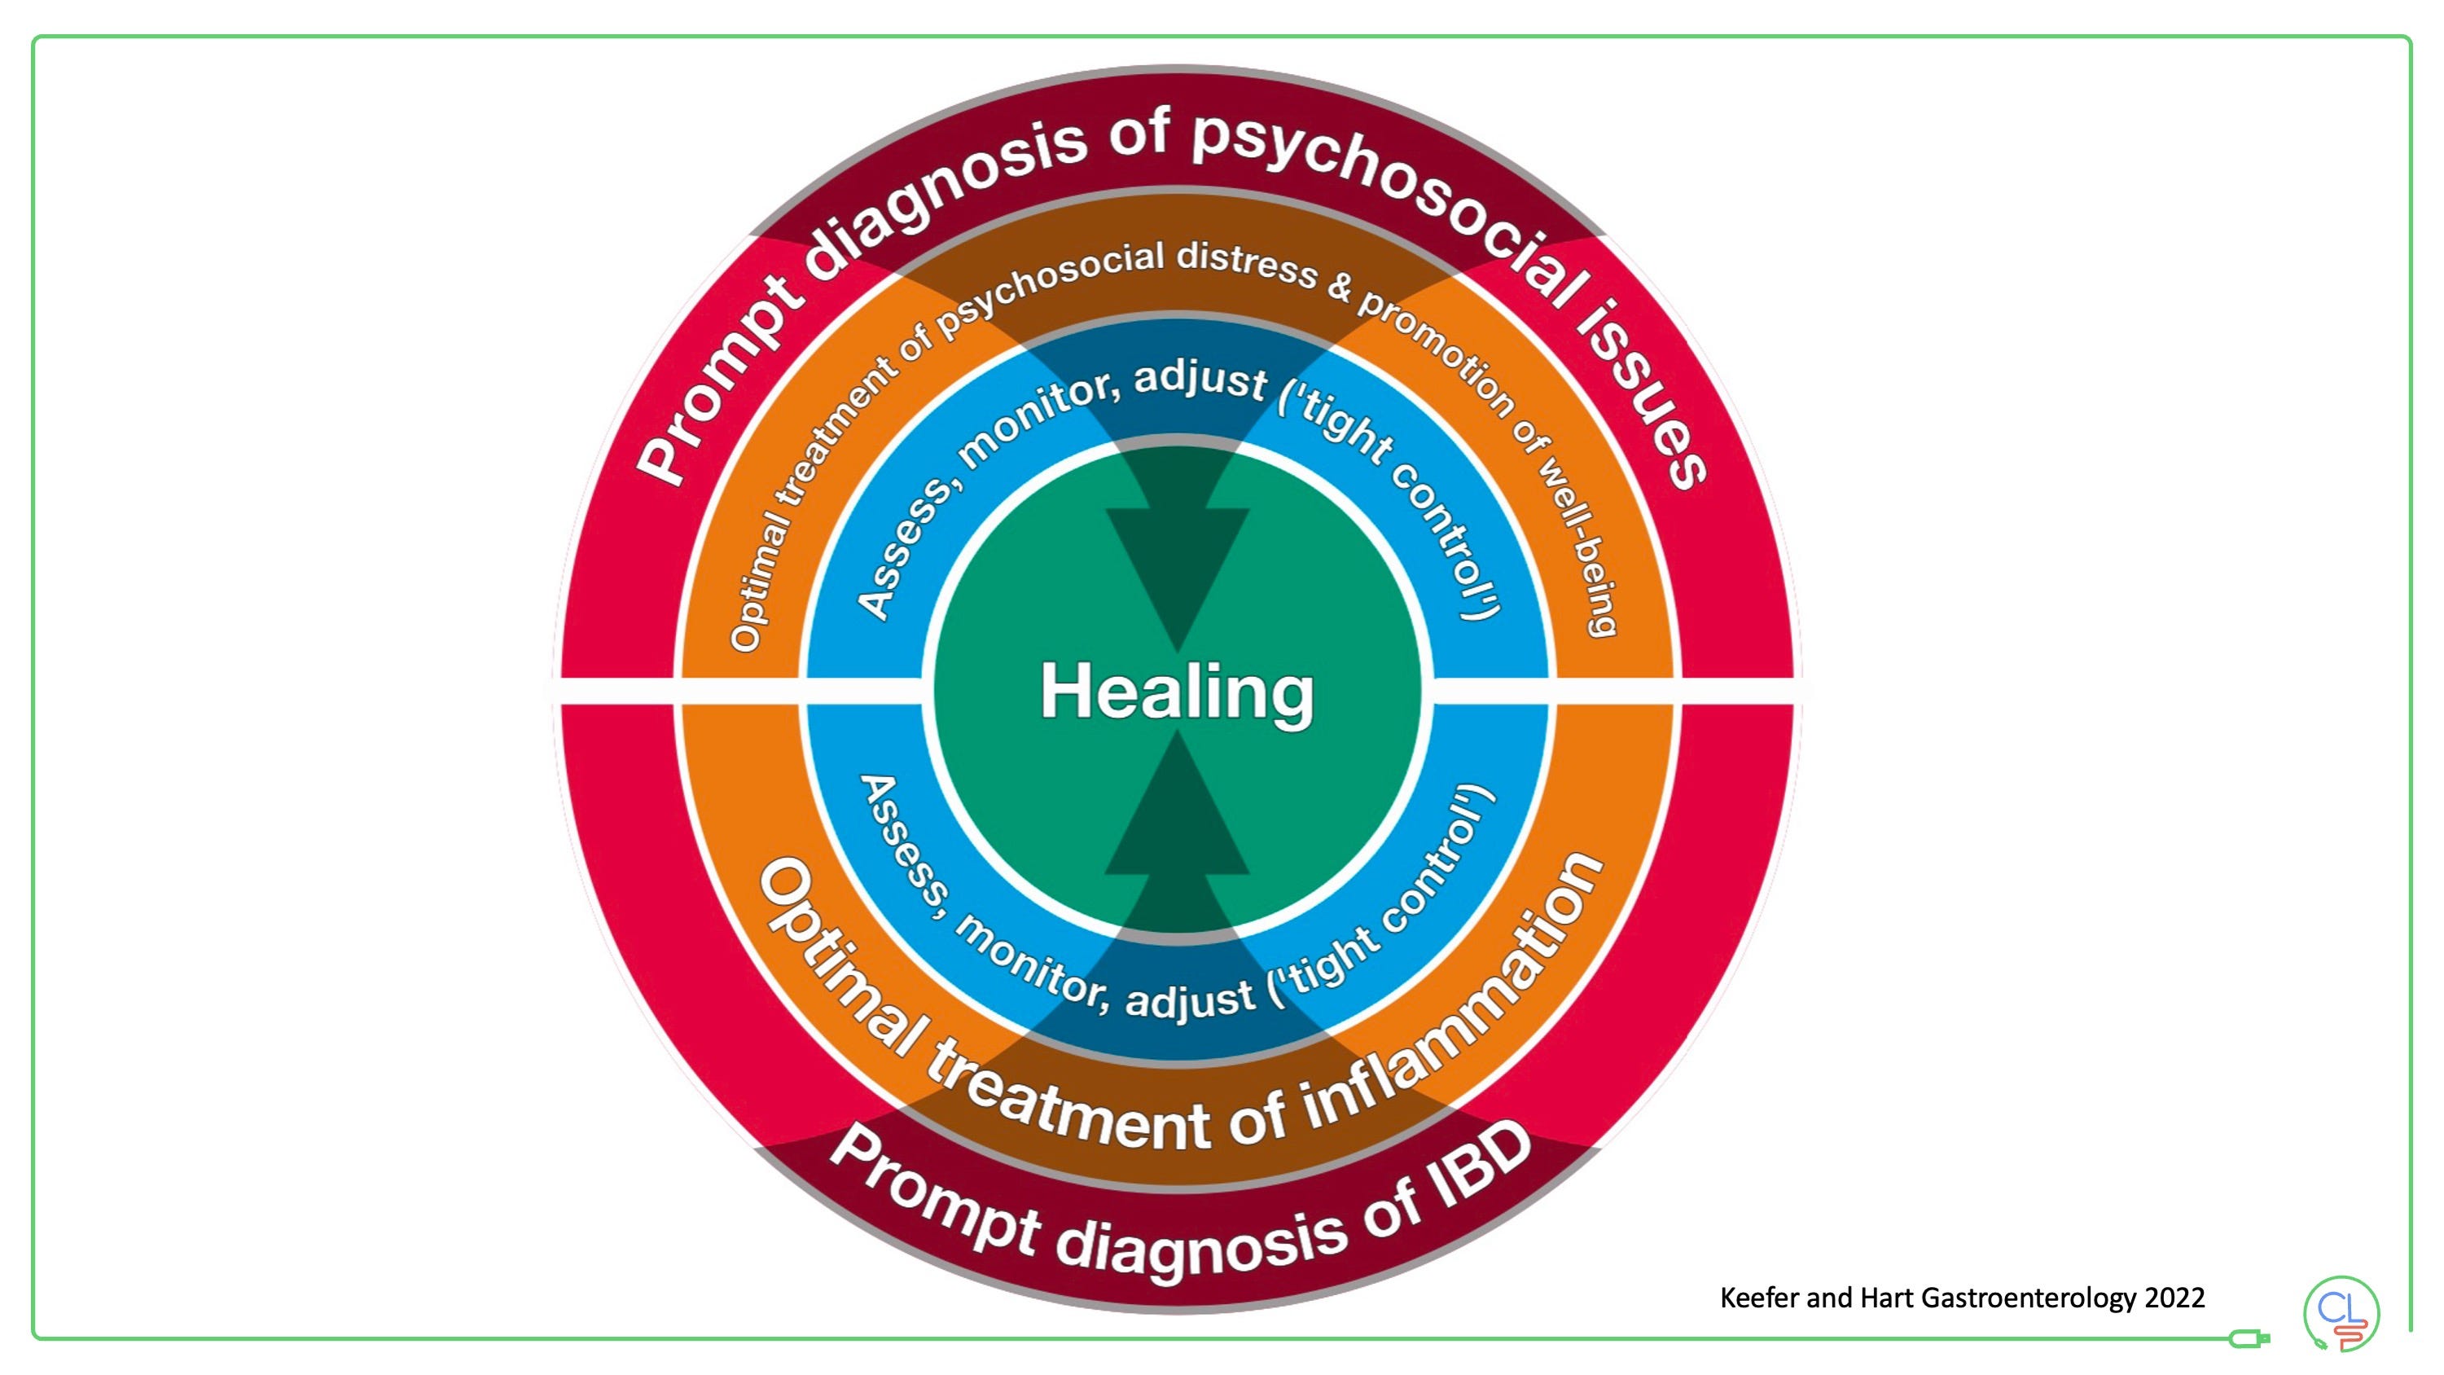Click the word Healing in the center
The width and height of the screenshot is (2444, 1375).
(1177, 692)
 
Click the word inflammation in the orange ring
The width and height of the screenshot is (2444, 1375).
(1451, 1015)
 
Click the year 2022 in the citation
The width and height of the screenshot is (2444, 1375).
(2174, 1297)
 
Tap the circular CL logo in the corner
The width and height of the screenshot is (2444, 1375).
(2341, 1314)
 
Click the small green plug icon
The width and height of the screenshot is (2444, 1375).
(2249, 1339)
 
